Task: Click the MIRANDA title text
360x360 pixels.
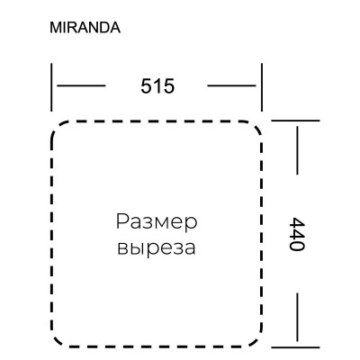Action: tap(85, 27)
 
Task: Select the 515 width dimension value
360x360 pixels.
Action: tap(157, 86)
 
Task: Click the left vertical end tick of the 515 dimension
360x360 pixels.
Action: tap(52, 85)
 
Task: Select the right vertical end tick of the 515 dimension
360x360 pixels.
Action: tap(262, 85)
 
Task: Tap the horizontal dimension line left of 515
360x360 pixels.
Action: tap(82, 86)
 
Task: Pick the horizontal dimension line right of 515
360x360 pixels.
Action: tap(233, 86)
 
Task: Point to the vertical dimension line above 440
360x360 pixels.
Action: tap(296, 148)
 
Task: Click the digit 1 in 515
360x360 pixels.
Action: tap(157, 86)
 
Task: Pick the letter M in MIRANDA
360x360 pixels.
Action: tap(55, 27)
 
